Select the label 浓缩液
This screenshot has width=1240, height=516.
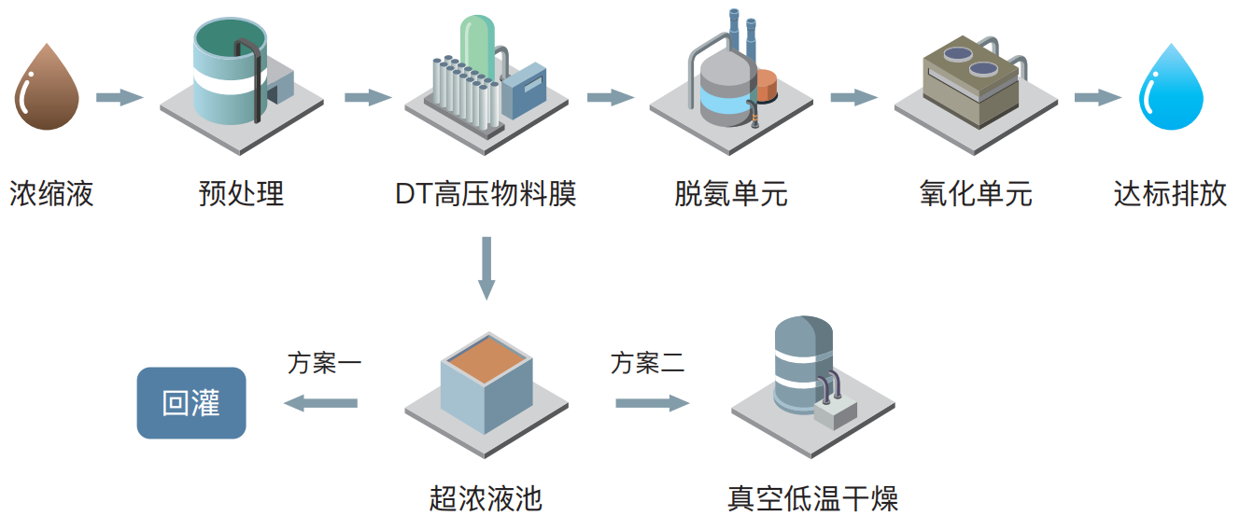(x=52, y=194)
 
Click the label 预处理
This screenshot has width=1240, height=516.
(x=241, y=194)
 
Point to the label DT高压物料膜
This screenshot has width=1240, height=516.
(x=486, y=194)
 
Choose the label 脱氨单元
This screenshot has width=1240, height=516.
(x=731, y=194)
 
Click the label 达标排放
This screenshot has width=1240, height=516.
(x=1170, y=194)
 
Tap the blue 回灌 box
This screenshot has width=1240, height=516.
(x=191, y=403)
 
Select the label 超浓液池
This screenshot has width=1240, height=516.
(x=486, y=497)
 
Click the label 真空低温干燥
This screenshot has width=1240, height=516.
(x=812, y=497)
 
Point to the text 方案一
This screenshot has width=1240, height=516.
(x=324, y=362)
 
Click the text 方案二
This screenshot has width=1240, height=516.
(x=648, y=362)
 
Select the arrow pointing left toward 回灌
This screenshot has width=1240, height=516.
(x=320, y=403)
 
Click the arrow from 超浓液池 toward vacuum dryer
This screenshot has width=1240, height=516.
(x=652, y=403)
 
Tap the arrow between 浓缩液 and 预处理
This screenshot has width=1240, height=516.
(x=120, y=97)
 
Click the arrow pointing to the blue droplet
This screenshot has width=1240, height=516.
(x=1097, y=97)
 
